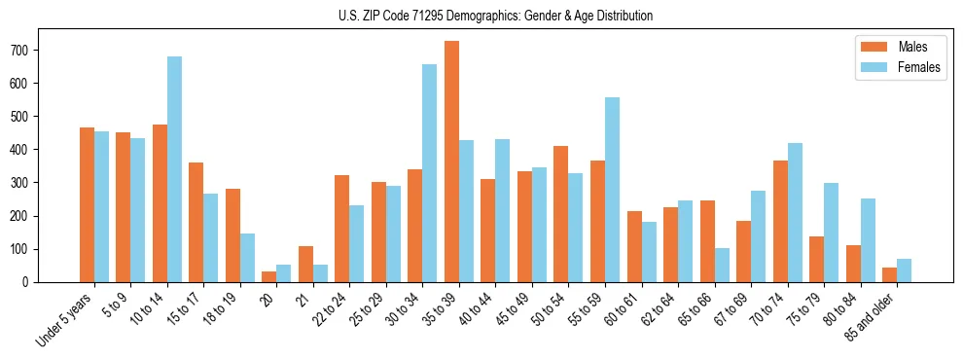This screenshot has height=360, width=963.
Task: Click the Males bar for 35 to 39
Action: [451, 162]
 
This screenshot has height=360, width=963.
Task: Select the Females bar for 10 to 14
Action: [174, 169]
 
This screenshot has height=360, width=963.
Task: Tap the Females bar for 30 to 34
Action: [429, 173]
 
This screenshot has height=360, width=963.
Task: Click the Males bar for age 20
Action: [268, 276]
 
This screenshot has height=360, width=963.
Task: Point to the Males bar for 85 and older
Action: [889, 274]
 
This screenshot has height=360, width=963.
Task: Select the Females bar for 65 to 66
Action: [722, 265]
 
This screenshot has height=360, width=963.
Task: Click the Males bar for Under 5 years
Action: [87, 204]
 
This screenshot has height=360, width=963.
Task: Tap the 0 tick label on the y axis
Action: [33, 282]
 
